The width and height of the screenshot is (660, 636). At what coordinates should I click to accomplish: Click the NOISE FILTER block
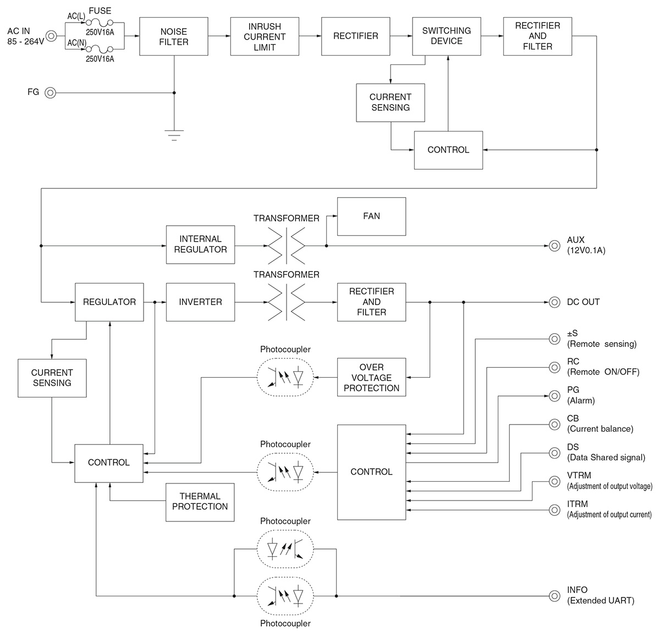174,36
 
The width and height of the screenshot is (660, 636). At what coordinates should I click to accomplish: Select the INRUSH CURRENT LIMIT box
265,36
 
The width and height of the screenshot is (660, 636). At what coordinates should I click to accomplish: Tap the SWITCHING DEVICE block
446,36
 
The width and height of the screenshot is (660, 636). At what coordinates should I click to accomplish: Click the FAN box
371,216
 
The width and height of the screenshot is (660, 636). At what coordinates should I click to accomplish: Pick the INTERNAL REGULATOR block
200,244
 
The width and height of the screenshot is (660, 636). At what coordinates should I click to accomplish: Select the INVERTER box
200,302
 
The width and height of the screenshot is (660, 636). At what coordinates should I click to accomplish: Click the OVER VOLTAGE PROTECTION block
371,378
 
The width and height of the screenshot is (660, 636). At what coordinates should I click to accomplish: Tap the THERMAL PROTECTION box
200,502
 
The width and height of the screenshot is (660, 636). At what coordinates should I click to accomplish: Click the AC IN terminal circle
51,36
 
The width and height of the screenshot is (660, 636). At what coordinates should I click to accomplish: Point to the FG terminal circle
50,93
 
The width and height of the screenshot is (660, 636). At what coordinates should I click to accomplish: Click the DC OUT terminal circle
554,302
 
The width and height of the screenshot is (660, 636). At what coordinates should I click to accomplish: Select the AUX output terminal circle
554,245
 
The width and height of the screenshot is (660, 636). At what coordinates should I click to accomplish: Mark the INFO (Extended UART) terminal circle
554,596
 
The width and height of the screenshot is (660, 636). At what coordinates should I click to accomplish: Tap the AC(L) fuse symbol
100,23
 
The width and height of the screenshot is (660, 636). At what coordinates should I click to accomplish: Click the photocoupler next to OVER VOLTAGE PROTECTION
285,377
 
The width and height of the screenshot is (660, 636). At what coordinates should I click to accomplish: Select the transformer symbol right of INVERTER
286,302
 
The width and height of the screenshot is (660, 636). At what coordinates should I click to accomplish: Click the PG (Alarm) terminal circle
554,396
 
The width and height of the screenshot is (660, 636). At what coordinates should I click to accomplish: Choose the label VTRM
577,475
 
